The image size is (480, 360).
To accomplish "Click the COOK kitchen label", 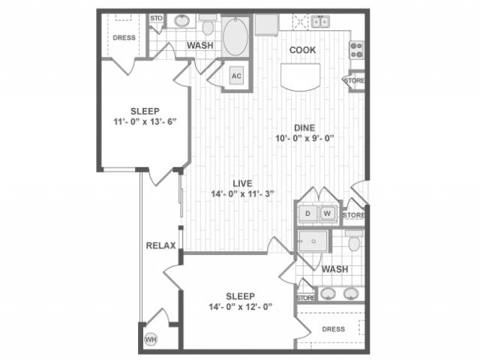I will pos(302,50).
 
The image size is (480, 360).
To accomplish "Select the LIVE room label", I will pos(241,182).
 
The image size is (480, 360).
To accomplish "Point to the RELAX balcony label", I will pos(160,245).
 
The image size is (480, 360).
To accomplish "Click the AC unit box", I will pos(235,76).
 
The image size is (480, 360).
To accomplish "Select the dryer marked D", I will pos(307,214).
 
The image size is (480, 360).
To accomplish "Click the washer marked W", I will pos(328,214).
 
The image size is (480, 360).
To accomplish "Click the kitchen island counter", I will pos(301,76).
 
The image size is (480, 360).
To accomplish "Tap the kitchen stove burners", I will pos(356,49).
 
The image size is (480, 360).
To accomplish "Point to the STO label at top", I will pos(156,17).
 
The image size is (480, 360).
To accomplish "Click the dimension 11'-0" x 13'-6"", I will pos(144,123).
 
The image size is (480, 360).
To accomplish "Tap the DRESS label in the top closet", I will pos(123,37).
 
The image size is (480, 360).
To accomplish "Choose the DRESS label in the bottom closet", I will pos(333,328).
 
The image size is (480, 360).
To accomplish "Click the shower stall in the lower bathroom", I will pos(311,241).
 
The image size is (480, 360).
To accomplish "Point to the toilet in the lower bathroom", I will pos(354,241).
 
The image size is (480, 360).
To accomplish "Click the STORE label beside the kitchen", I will pos(354,79).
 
